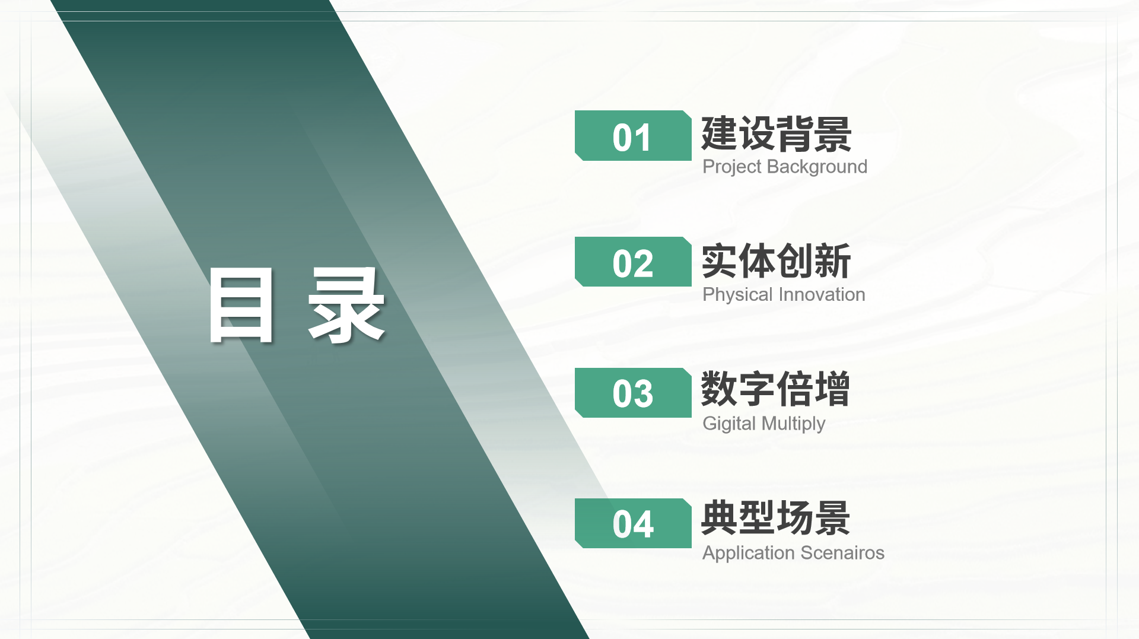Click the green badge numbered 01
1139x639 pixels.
[x=633, y=135]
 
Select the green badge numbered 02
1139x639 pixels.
[x=633, y=262]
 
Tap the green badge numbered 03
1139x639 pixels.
[x=633, y=393]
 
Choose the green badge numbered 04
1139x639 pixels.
[x=633, y=523]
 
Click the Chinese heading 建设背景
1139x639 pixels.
[x=777, y=135]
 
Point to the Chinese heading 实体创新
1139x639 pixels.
[x=777, y=261]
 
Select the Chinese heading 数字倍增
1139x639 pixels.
[x=776, y=389]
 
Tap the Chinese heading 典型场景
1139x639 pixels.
[x=776, y=518]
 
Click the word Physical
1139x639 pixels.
[x=738, y=295]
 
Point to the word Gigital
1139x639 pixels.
[x=729, y=424]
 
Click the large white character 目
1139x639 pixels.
[x=242, y=305]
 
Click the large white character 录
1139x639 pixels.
[x=346, y=305]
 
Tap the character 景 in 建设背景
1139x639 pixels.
[x=833, y=135]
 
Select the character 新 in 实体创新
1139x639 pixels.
[x=833, y=261]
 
